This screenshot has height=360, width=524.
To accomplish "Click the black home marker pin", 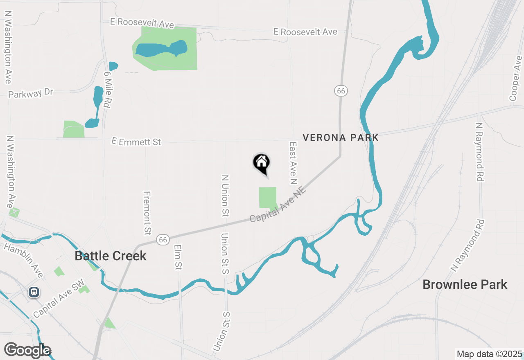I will pos(261,163).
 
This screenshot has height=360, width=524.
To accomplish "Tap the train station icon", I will pos(34,292).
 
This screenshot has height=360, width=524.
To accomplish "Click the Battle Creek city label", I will pos(111,256).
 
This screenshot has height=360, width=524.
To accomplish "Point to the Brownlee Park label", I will pos(465,284).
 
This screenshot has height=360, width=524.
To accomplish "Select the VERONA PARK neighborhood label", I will pos(341,137).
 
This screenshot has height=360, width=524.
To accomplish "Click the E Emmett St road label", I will pos(136,142).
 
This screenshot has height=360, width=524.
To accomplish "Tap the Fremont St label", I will pos(147,213).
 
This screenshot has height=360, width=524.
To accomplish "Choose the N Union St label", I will pos(225,196).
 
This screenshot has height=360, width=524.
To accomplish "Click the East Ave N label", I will pos(293,163).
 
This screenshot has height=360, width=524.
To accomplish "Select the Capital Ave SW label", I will pos(59,299).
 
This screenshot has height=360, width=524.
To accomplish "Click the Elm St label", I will pos(178,257).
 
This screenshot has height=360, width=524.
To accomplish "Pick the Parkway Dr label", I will pos(31,93).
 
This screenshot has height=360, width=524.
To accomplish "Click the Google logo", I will pos(27,350).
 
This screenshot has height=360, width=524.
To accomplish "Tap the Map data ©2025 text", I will pos(489,354).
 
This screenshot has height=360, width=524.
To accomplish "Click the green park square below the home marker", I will pos(268,198).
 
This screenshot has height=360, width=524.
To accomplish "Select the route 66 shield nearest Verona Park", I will pos(341,91).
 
